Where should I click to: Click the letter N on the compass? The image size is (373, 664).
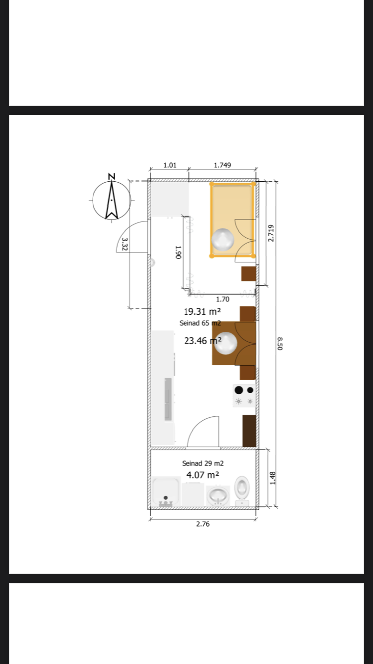(112, 177)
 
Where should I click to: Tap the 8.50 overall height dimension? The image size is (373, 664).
(280, 343)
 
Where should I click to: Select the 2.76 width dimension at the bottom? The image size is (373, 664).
(203, 524)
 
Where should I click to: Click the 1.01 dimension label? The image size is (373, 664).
(170, 165)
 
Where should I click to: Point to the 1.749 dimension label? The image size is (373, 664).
(222, 165)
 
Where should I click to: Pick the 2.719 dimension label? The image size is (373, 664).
(271, 233)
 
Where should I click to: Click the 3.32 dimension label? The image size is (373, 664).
(125, 244)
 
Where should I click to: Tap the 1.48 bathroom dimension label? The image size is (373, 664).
(273, 478)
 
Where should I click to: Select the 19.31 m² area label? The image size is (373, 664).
(202, 312)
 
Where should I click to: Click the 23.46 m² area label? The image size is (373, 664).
(203, 341)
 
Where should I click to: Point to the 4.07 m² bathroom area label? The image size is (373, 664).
(203, 475)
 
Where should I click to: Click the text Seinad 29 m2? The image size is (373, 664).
(202, 463)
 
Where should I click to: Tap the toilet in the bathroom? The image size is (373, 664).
(242, 491)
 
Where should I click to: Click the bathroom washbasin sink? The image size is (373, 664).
(218, 496)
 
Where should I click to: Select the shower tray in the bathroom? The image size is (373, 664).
(165, 491)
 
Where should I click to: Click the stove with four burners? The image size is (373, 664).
(244, 396)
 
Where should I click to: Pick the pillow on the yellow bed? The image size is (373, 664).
(223, 239)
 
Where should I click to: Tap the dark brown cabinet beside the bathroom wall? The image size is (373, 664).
(249, 431)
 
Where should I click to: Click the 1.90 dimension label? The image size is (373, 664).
(178, 252)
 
